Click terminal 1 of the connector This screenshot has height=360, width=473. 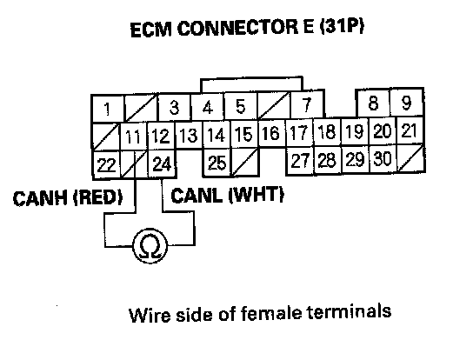point(108,109)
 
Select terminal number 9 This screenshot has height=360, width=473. point(407,103)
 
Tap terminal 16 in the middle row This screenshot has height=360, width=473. point(271,133)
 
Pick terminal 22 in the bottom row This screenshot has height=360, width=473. point(106,164)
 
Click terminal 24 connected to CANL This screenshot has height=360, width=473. point(162,163)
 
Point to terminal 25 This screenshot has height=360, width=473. point(217,163)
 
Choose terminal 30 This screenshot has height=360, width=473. point(383,159)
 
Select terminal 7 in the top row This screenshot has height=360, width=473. point(307,105)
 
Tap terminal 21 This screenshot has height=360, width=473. point(410,130)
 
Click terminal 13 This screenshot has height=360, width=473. point(189,135)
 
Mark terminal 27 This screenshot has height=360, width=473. point(300,161)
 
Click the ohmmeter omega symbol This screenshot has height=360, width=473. point(150,246)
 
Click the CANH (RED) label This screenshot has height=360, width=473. point(68,198)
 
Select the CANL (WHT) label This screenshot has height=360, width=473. point(227,195)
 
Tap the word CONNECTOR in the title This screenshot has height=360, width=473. point(237,29)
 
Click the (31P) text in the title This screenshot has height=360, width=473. point(342,27)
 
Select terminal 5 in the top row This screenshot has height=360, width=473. point(241,106)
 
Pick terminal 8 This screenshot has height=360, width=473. point(374,103)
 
